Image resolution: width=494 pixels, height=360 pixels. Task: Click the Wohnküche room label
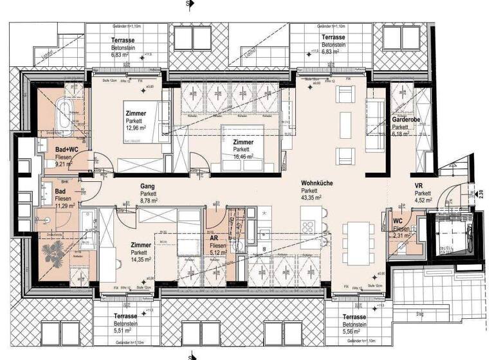[x=316, y=183]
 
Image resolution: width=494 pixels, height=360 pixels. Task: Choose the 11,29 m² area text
[x=48, y=206]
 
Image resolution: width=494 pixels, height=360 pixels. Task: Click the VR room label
[x=419, y=186]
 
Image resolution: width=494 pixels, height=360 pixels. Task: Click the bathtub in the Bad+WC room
[x=66, y=114]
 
